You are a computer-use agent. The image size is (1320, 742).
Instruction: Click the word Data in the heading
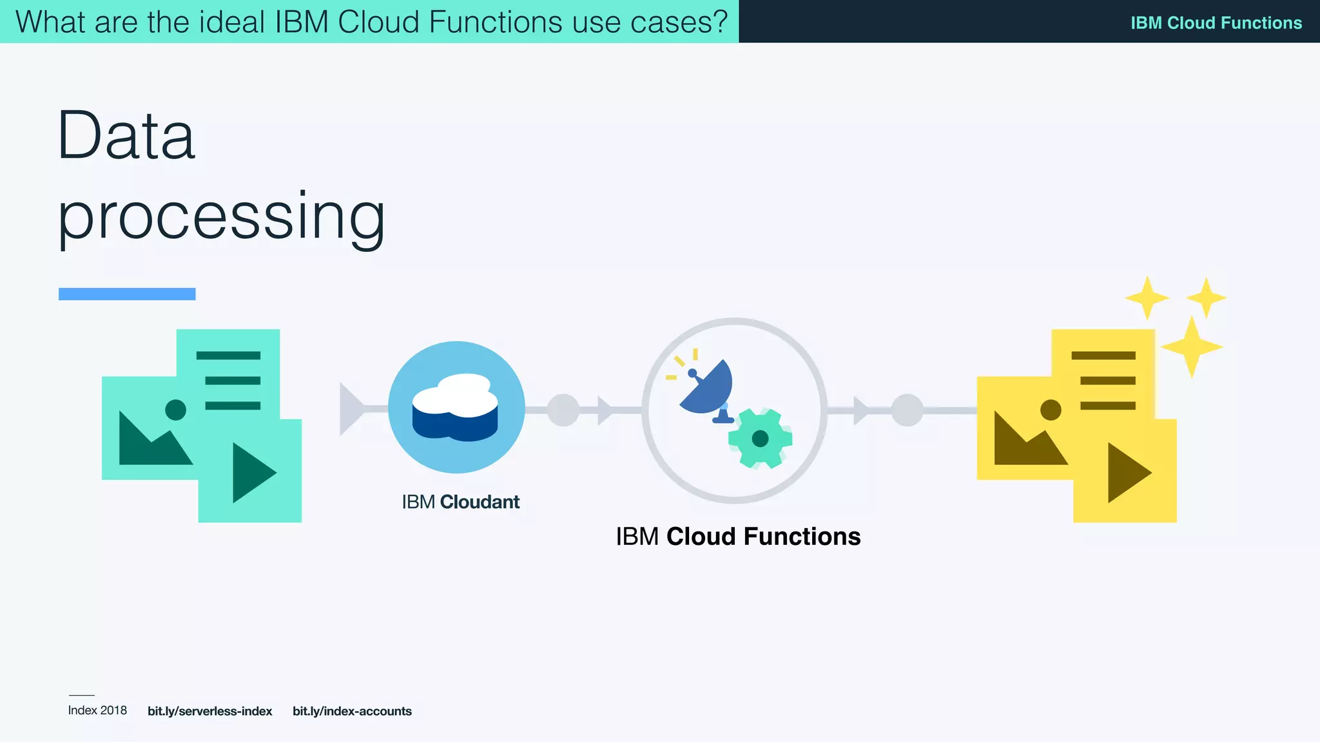tap(126, 136)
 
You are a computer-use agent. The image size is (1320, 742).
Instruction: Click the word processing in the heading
tap(221, 216)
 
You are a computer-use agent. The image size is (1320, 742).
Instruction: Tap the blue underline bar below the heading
tap(127, 294)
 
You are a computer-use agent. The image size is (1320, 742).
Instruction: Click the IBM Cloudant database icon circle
tap(456, 407)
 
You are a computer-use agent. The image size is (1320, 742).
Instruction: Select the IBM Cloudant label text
tap(460, 502)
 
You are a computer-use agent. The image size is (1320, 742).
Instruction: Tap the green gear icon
tap(760, 438)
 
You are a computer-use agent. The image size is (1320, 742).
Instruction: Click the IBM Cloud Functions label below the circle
tap(738, 537)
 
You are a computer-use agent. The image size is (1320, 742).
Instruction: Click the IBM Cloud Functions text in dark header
tap(1216, 23)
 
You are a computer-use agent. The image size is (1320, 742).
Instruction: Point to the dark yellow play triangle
tap(1127, 472)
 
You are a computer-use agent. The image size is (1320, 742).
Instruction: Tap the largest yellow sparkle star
tap(1191, 347)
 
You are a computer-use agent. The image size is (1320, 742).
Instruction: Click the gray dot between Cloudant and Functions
tap(563, 410)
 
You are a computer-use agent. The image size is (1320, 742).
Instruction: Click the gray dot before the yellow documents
tap(907, 410)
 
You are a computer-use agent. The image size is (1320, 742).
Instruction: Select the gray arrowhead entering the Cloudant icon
tap(351, 409)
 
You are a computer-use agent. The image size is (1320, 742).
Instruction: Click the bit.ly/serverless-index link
tap(209, 711)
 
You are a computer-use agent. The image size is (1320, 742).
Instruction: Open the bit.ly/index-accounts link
tap(352, 711)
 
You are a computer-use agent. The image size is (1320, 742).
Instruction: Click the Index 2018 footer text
tap(97, 710)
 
